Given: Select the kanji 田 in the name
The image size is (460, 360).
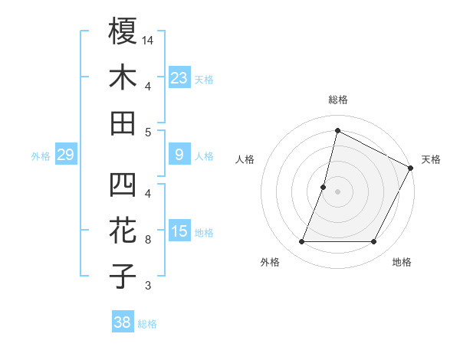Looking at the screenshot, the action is (x=123, y=123).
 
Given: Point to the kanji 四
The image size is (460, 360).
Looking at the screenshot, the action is (x=123, y=185).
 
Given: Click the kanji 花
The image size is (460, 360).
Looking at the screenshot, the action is (x=123, y=231).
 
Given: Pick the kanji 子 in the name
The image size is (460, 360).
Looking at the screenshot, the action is (x=123, y=277).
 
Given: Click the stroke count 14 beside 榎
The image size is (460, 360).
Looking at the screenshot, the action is (x=148, y=39).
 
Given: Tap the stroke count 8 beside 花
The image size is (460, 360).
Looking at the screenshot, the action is (x=148, y=240).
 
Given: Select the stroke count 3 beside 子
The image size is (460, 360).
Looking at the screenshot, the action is (x=148, y=286).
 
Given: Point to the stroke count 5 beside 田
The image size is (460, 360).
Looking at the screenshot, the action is (x=148, y=132).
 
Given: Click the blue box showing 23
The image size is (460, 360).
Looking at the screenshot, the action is (x=179, y=77).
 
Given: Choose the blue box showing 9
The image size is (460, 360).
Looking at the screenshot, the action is (x=179, y=155).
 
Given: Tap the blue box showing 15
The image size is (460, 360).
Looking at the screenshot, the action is (x=179, y=231).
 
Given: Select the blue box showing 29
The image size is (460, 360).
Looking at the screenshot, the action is (x=65, y=155).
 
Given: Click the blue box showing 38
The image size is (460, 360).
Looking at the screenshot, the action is (x=122, y=322).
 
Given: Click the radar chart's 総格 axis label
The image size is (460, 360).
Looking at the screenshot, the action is (x=337, y=100).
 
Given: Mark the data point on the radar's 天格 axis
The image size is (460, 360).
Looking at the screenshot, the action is (x=411, y=168).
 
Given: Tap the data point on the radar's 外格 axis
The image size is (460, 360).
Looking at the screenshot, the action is (x=301, y=242).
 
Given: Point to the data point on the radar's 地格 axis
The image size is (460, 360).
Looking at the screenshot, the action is (x=374, y=242).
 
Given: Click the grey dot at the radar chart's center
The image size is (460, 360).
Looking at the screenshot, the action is (x=337, y=191).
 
